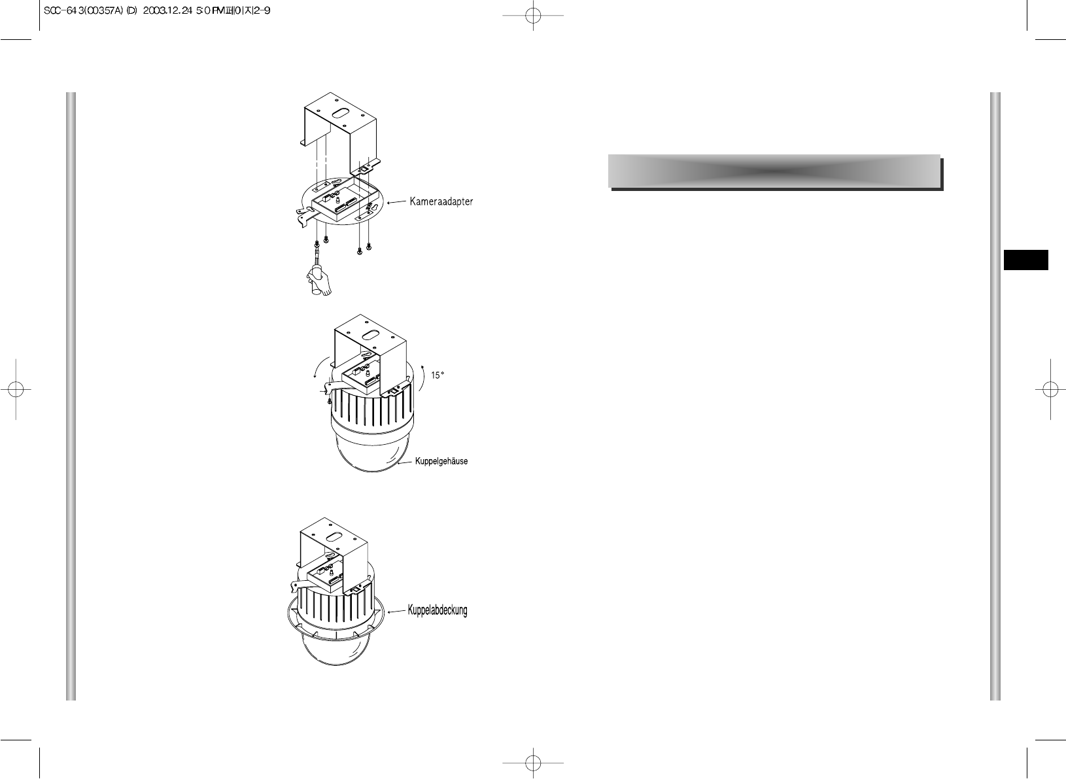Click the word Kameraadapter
click(441, 201)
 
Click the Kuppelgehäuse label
click(441, 462)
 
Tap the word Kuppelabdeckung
click(438, 611)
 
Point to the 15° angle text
click(439, 376)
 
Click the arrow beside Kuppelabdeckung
click(396, 612)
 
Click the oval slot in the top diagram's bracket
click(341, 113)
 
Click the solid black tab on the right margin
click(1026, 260)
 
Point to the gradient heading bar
click(774, 171)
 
